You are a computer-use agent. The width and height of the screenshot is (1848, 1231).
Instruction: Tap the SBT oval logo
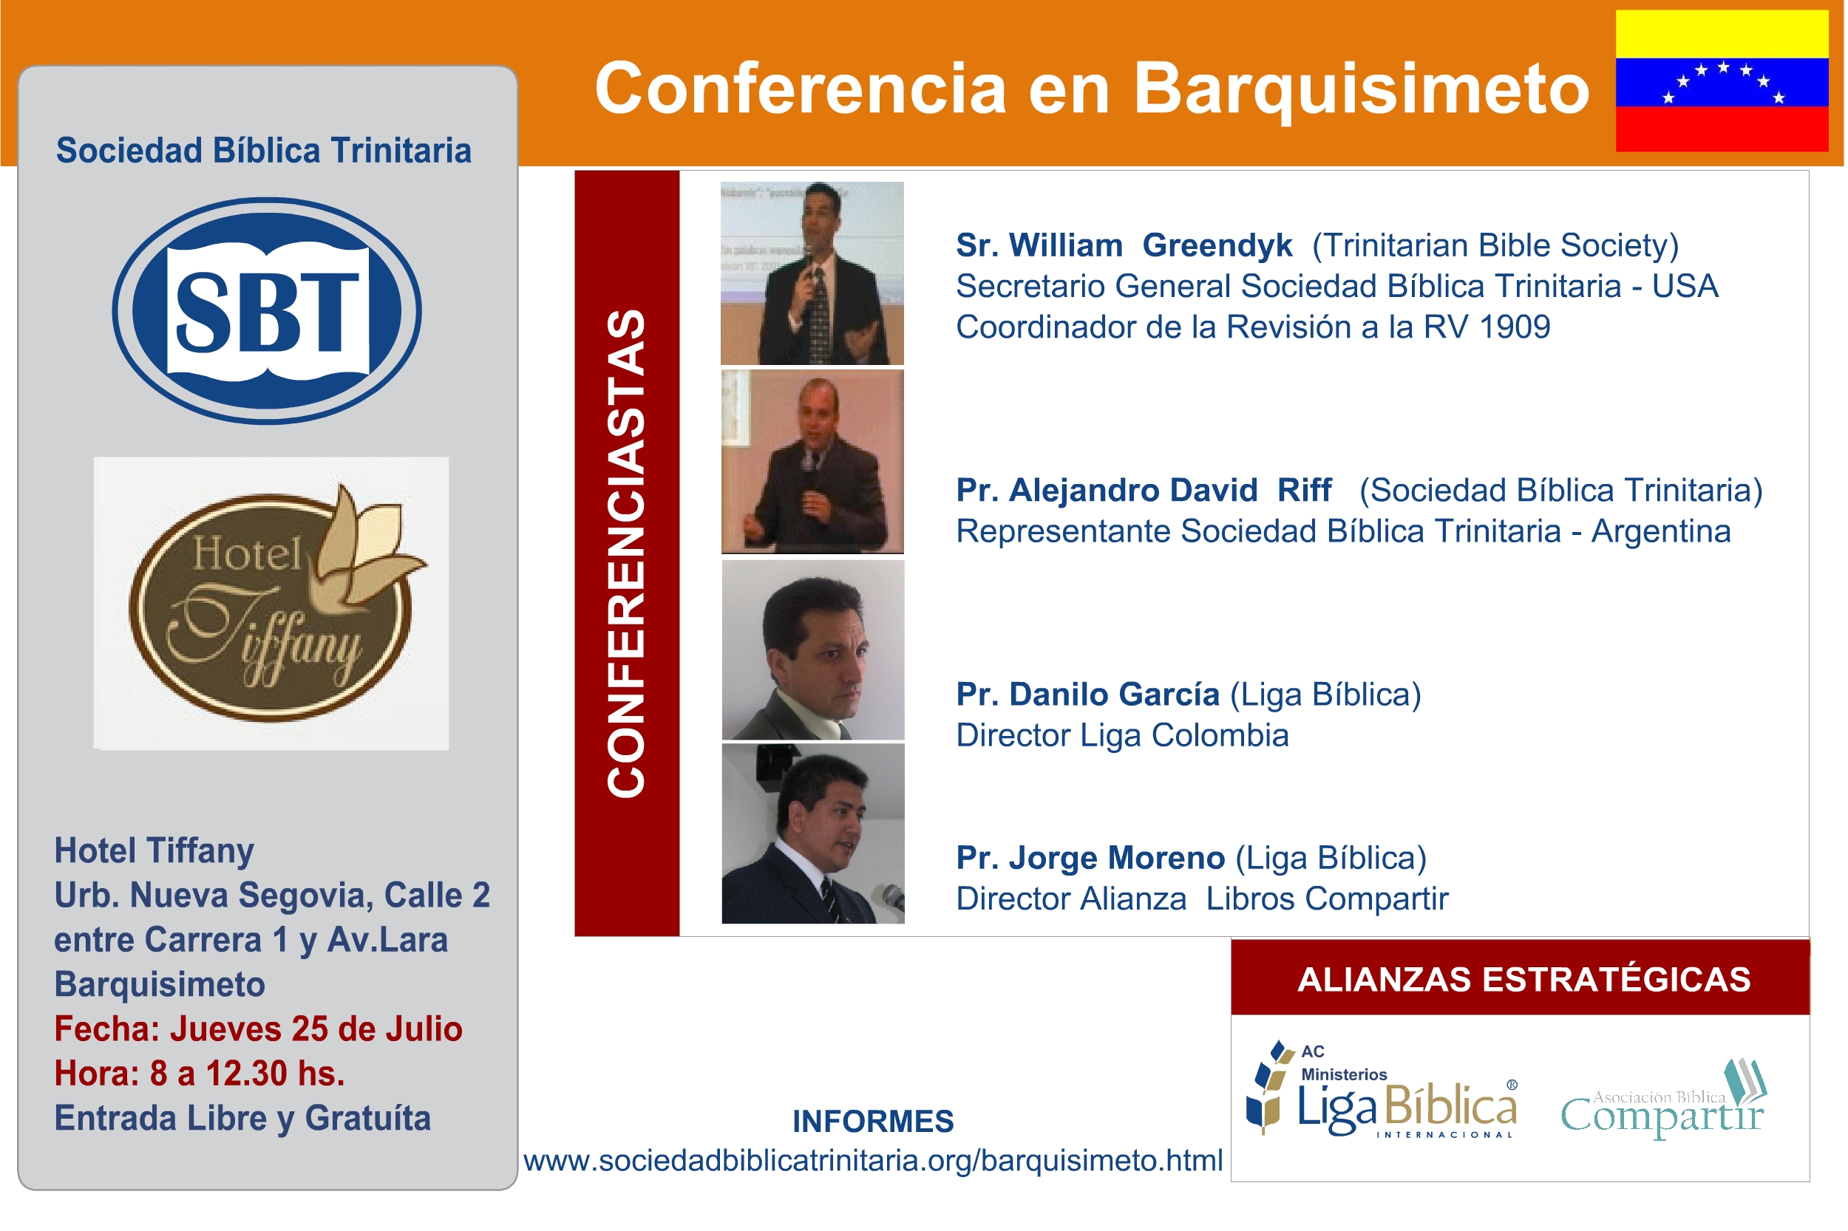266,311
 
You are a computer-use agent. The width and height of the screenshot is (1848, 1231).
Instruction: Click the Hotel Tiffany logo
271,603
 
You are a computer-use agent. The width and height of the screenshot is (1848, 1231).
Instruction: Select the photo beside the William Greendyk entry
812,273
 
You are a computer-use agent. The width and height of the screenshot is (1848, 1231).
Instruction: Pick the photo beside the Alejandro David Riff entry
812,462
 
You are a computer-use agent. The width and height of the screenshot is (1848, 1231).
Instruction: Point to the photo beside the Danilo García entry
813,650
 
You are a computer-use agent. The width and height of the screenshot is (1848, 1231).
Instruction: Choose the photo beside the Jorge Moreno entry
813,833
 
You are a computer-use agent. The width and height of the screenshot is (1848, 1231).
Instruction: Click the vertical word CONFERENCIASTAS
626,554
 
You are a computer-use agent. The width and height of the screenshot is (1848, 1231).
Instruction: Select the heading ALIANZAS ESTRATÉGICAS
1524,980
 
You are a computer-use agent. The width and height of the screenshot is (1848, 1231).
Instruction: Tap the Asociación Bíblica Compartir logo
1663,1100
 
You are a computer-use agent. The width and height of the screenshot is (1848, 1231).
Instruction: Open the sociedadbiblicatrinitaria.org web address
872,1160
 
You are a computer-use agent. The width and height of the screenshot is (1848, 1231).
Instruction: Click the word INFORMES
872,1121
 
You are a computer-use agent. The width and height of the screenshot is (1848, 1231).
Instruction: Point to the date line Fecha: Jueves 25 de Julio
259,1029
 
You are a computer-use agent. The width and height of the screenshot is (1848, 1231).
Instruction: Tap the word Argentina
1661,532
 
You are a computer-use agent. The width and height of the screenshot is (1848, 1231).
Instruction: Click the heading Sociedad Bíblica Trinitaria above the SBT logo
264,151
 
